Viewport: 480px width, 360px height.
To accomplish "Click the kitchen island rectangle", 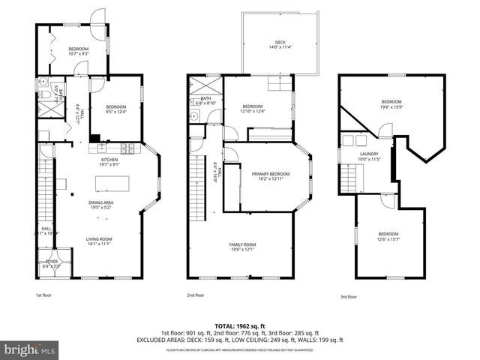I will (x=111, y=183).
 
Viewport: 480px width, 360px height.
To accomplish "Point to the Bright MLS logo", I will (x=30, y=349).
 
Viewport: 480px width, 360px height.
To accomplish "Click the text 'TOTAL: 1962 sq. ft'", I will (x=240, y=326).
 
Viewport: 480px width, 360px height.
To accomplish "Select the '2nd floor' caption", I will (x=195, y=295).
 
